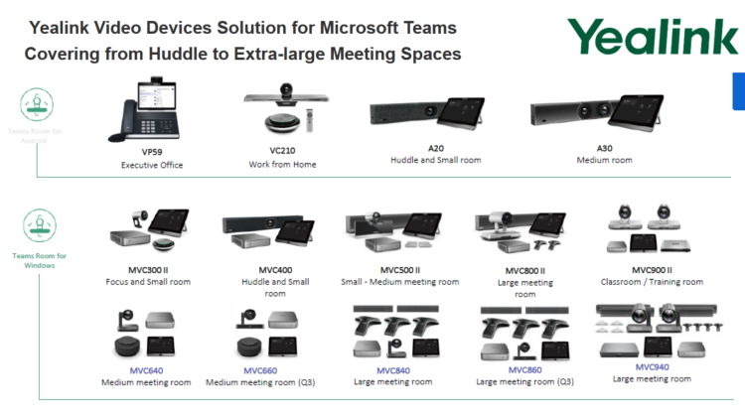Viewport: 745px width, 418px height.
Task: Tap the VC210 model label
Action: (282, 152)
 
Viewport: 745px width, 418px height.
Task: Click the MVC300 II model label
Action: (148, 270)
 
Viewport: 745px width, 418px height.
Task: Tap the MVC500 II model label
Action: (400, 269)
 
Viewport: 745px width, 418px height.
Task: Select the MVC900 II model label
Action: (653, 270)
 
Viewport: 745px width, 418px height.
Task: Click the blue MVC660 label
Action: (260, 370)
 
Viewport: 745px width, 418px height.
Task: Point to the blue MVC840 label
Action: (393, 370)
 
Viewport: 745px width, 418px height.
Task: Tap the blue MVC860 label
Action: (524, 370)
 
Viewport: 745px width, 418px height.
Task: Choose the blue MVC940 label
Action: (652, 366)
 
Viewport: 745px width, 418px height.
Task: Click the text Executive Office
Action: (146, 165)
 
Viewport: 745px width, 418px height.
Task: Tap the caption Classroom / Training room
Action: (653, 282)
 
